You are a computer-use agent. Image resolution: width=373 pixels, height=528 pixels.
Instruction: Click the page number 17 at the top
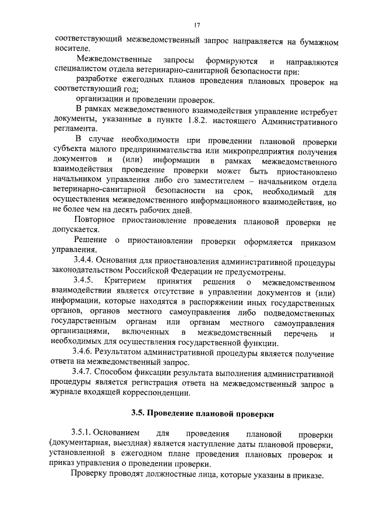pos(198,25)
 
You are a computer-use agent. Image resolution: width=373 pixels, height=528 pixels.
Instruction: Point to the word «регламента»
pos(73,130)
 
